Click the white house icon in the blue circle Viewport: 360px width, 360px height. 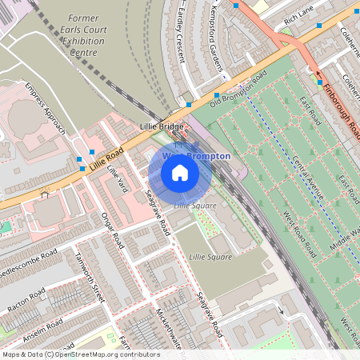[180, 173]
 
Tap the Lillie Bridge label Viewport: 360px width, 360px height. [160, 126]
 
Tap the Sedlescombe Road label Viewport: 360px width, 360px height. [30, 263]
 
